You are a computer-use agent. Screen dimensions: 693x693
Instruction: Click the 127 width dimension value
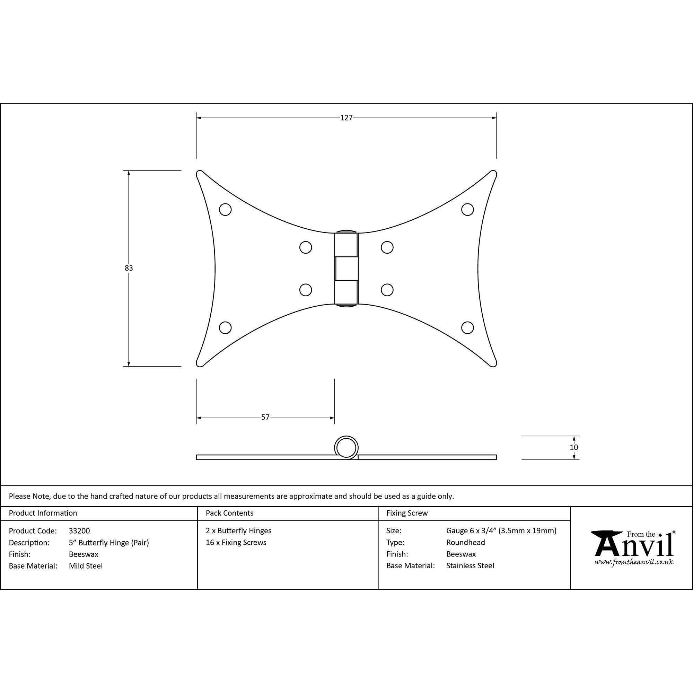[x=346, y=118]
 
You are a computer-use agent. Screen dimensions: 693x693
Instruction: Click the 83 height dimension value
[x=129, y=268]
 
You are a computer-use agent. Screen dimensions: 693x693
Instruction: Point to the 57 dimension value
[x=265, y=417]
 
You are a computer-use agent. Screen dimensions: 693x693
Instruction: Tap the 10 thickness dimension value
[x=574, y=447]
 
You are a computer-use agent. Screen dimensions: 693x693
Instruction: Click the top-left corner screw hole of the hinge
[x=225, y=210]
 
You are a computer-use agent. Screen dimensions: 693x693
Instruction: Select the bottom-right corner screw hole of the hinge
[x=467, y=327]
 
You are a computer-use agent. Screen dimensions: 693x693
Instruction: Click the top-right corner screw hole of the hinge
[x=467, y=210]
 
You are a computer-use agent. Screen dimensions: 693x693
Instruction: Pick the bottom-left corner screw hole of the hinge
[x=225, y=327]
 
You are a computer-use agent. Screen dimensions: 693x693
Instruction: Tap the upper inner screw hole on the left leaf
[x=306, y=247]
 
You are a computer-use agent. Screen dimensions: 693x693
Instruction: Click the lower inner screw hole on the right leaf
[x=387, y=290]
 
